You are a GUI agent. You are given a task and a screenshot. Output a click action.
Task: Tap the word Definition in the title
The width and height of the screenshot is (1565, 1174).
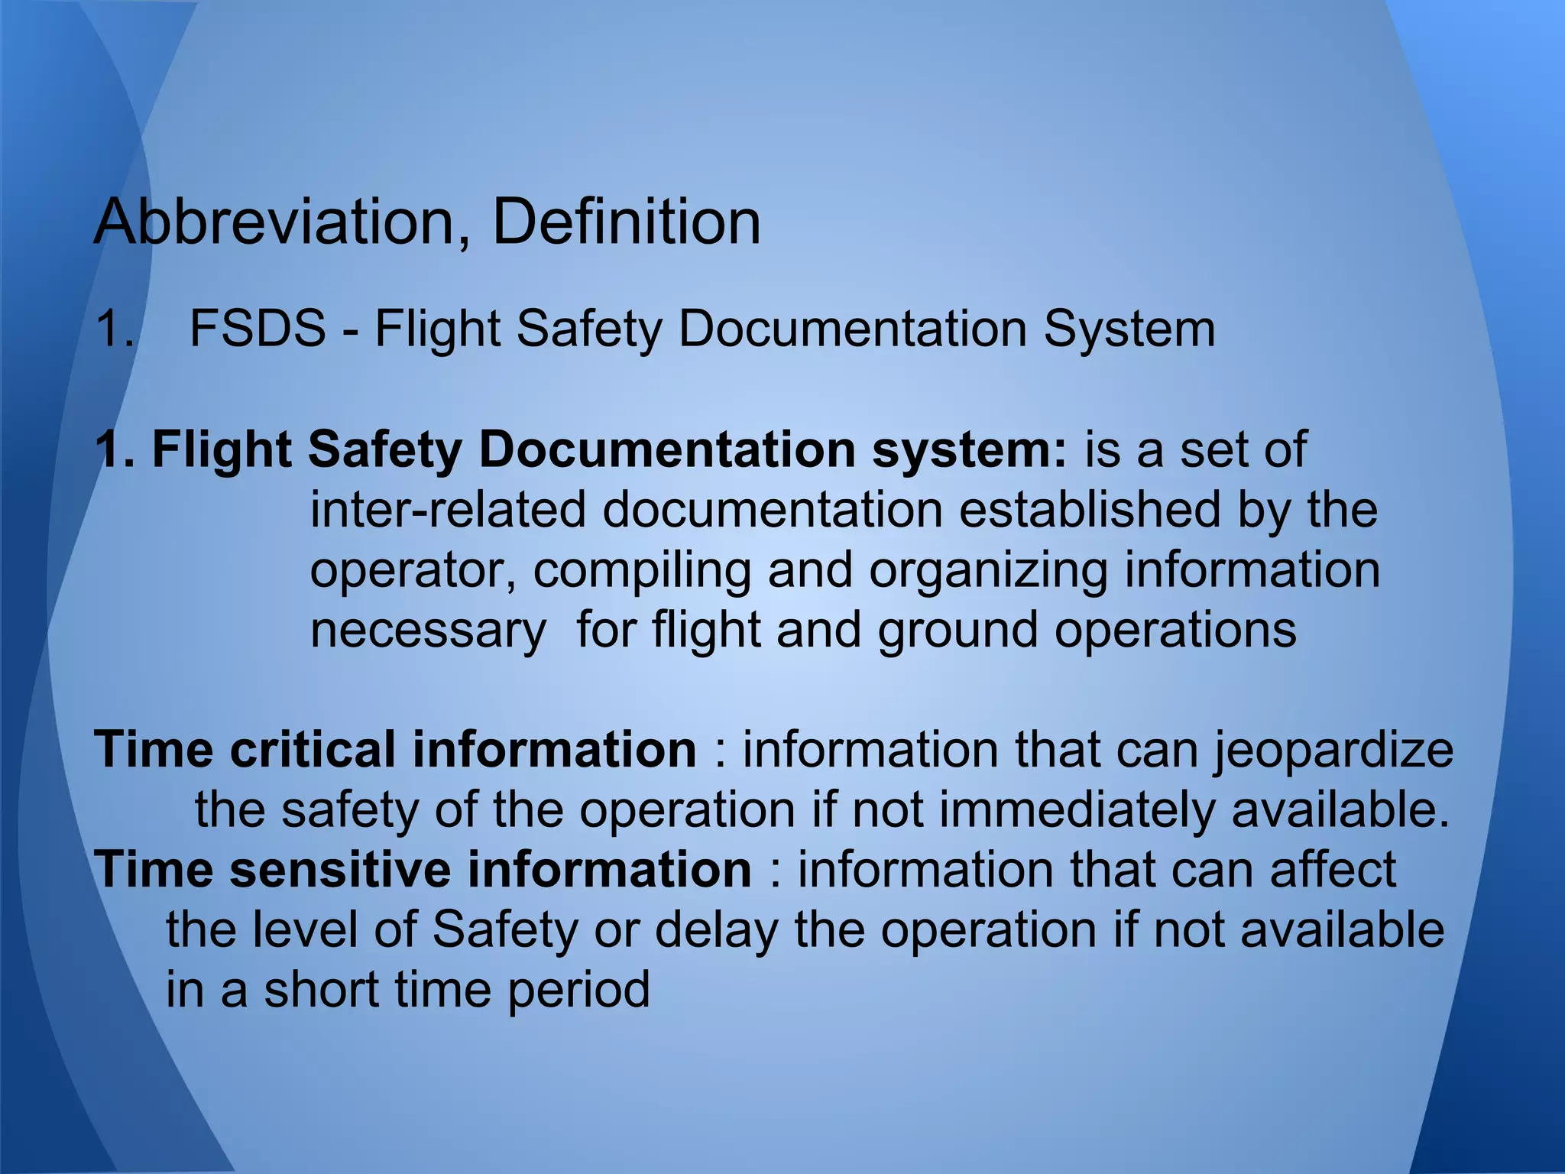tap(627, 222)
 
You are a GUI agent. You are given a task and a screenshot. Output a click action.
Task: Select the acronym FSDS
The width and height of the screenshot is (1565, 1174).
tap(258, 329)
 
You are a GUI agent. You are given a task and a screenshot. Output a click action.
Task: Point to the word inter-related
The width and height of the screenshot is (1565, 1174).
tap(448, 510)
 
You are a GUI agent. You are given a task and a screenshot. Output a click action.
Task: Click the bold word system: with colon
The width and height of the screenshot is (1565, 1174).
tap(970, 451)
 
